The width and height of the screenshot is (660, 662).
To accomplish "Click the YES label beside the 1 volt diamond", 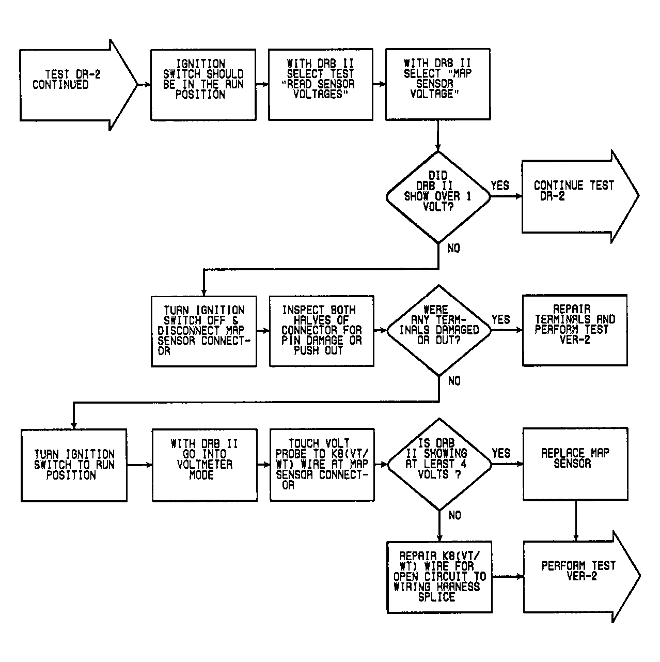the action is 500,186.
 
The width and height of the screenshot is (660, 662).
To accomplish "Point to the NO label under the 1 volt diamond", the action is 453,249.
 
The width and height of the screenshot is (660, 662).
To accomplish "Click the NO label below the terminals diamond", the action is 454,381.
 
